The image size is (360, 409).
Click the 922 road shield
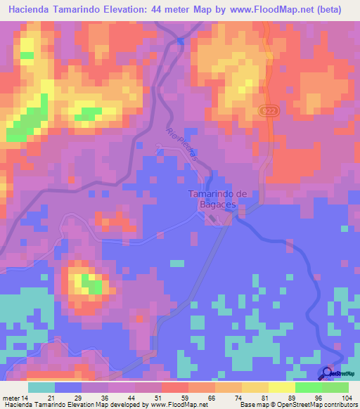(274, 112)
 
